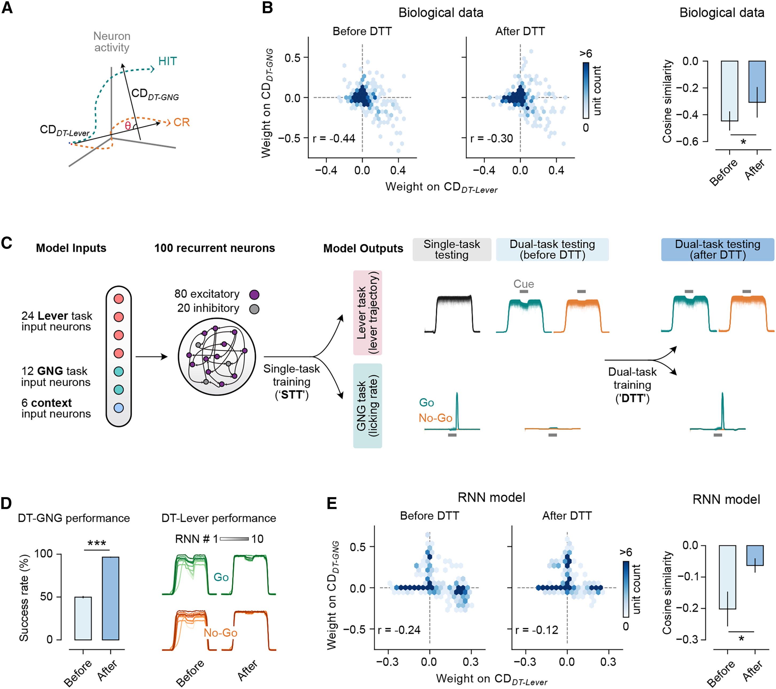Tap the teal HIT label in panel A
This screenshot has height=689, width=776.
(x=167, y=61)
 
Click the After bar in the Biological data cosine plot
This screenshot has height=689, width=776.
(x=757, y=82)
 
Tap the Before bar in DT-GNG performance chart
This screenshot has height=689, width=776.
(x=83, y=618)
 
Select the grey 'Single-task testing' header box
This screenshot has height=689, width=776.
(x=452, y=250)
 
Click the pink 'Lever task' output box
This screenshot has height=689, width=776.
(x=368, y=313)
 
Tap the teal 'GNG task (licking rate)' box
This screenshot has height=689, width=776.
(x=368, y=406)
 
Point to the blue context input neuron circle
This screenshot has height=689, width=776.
(x=119, y=408)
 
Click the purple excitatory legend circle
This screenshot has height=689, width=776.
(x=254, y=295)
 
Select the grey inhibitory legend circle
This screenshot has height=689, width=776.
(x=254, y=309)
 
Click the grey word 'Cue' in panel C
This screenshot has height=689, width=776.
(x=524, y=284)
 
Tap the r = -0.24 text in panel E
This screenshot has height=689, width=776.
(x=399, y=630)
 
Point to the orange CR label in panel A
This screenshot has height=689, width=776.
(x=181, y=122)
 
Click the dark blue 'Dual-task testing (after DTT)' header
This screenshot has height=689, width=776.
(x=717, y=250)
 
